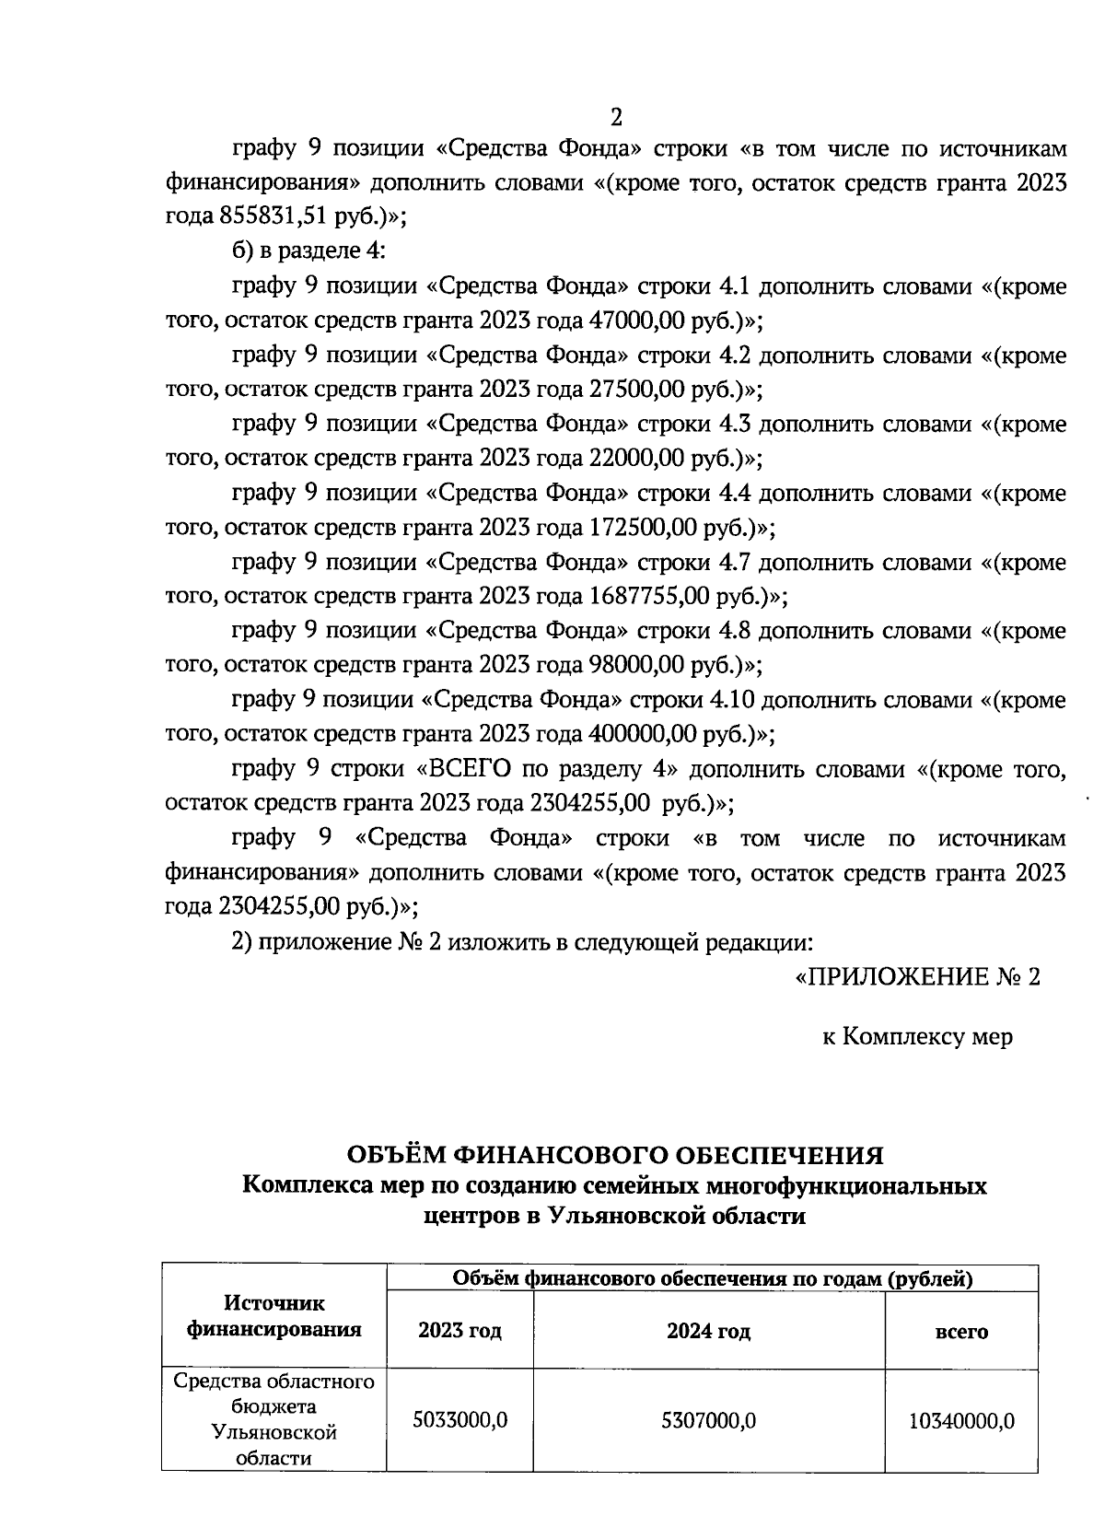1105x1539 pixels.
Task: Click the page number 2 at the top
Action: tap(617, 117)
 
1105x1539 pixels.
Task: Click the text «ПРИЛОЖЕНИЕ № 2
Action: tap(917, 977)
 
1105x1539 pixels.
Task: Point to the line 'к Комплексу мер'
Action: tap(917, 1037)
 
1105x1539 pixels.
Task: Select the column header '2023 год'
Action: tap(459, 1331)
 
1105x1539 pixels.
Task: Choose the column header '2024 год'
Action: tap(708, 1331)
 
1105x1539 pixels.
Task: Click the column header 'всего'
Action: tap(961, 1332)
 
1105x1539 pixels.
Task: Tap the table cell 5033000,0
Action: tap(459, 1420)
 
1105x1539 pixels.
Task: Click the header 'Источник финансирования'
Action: tap(274, 1316)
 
